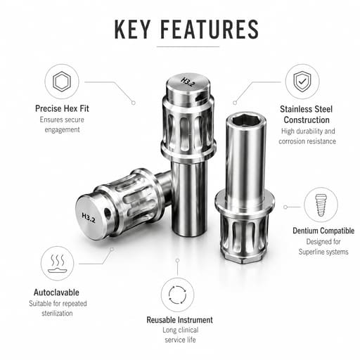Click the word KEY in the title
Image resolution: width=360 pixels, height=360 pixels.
132,30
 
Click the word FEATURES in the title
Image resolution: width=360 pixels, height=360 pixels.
210,30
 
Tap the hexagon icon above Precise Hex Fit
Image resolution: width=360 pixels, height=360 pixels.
62,82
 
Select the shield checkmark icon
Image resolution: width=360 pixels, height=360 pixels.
302,82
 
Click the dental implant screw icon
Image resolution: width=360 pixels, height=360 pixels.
321,205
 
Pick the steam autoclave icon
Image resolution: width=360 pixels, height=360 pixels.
58,264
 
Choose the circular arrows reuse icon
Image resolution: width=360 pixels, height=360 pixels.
177,295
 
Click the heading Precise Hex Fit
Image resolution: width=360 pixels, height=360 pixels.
62,108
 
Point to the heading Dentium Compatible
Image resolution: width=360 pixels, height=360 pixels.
323,231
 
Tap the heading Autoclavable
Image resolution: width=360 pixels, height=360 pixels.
56,292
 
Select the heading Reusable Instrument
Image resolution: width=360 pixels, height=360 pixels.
179,320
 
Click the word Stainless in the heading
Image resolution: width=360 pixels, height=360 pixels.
295,109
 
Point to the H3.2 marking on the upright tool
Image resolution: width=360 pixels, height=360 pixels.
188,82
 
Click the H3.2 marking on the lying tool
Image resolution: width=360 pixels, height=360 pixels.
89,218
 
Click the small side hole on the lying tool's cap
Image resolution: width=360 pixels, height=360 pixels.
108,213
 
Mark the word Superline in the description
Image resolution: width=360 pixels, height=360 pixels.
311,252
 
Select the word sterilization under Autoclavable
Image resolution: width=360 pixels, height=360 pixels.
57,314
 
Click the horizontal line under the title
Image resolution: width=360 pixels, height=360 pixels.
188,46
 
